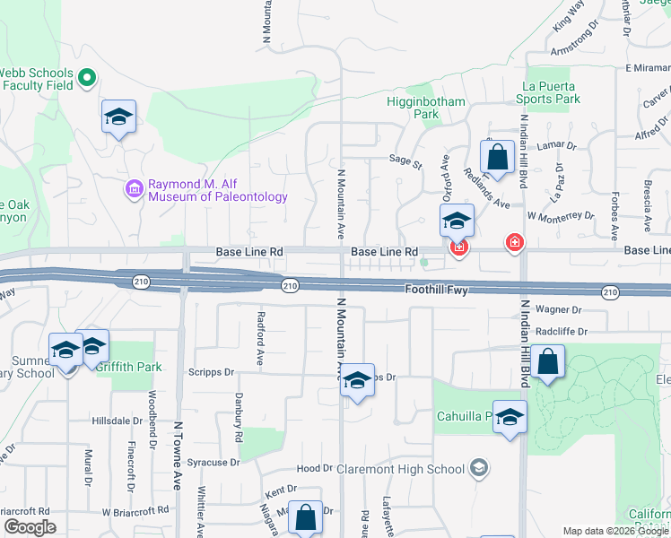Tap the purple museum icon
pos(134,189)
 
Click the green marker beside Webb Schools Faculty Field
pos(87,78)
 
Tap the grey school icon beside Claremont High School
pos(479,468)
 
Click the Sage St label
pos(405,164)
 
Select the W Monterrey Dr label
pos(561,216)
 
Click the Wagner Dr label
pos(559,309)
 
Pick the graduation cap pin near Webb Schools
pos(118,117)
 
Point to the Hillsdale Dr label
pos(118,421)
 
